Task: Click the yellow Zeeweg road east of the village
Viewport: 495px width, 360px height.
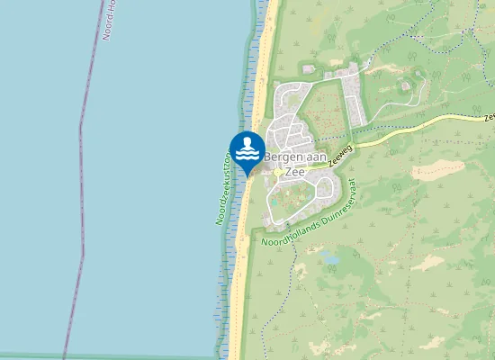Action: pyautogui.click(x=405, y=126)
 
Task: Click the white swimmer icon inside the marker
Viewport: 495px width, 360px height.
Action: pyautogui.click(x=247, y=146)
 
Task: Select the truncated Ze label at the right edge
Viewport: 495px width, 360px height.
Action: pyautogui.click(x=489, y=116)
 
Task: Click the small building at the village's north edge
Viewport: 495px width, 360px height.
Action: pyautogui.click(x=309, y=69)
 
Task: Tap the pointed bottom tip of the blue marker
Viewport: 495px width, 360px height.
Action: pyautogui.click(x=247, y=175)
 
